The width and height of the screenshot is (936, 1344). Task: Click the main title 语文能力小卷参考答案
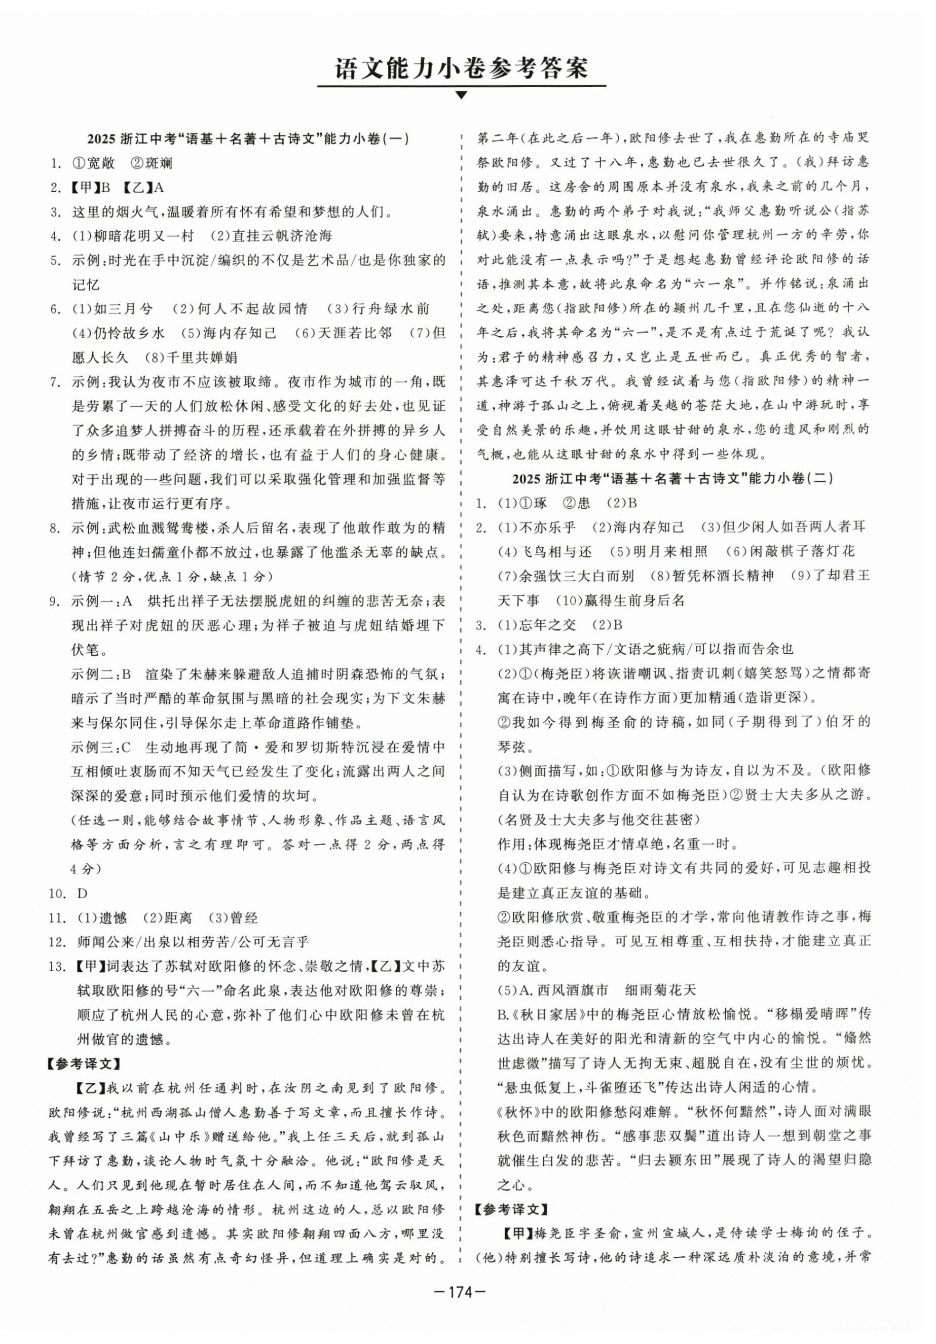coord(461,68)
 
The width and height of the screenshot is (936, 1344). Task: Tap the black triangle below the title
coord(461,95)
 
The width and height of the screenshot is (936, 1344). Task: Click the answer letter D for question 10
coord(82,893)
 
